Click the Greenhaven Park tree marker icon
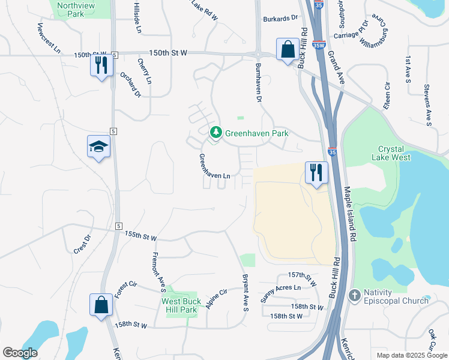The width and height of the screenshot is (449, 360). coord(215,133)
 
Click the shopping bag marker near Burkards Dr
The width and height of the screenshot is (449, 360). coord(288,48)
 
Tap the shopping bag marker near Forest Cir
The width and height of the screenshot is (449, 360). coord(100,304)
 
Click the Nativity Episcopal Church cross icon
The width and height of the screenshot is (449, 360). coord(355,295)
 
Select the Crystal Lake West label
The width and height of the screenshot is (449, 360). coord(394,153)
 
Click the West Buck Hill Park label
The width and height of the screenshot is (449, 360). coord(179,305)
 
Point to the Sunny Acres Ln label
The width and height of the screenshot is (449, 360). coord(280,292)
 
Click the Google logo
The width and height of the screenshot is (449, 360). coord(20,353)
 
